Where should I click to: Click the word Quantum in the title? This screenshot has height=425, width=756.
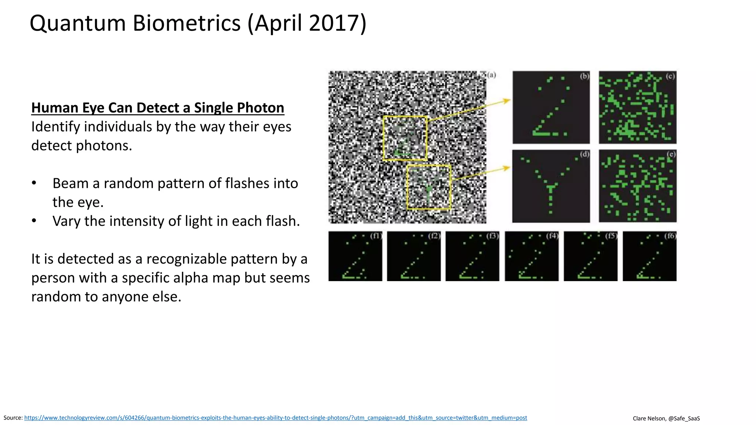point(78,23)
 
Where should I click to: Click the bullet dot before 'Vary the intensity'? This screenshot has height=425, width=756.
point(34,221)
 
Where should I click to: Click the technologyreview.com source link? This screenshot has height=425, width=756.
point(275,418)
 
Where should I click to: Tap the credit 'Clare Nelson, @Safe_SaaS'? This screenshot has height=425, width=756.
point(666,418)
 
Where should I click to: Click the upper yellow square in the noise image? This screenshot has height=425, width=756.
point(405,138)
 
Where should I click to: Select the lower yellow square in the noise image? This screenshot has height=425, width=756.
point(429,187)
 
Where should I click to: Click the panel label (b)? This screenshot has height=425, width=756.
point(584,76)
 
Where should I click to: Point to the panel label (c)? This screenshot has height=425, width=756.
point(670,76)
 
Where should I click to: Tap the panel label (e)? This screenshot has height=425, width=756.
point(671,154)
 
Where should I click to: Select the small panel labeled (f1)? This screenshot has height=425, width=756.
point(355,256)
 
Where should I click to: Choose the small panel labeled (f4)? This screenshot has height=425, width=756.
point(532,256)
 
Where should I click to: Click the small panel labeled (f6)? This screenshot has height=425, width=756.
point(649,256)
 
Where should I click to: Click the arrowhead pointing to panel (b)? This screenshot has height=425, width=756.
point(507,100)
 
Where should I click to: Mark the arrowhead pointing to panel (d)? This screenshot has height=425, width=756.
point(507,168)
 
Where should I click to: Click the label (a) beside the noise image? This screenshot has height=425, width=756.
point(491,75)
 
